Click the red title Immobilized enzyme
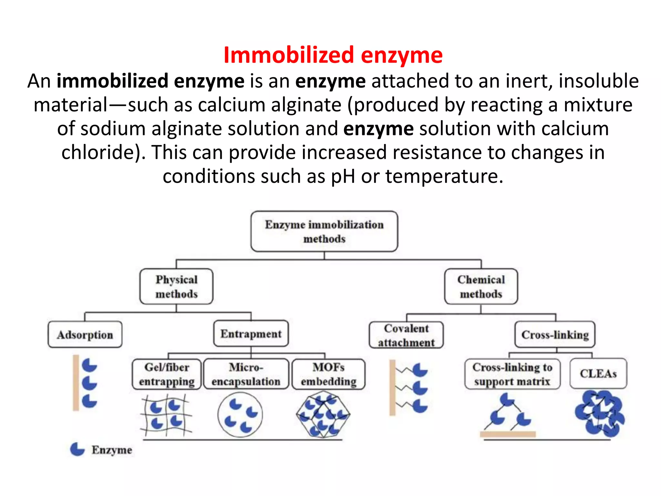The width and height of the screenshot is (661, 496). pos(333,55)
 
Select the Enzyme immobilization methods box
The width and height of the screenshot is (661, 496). pos(324,232)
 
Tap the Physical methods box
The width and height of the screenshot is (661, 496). pos(176,287)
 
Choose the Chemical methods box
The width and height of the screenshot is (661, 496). pos(481,287)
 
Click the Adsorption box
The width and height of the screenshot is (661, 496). pos(85,335)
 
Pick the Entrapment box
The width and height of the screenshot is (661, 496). pos(251,334)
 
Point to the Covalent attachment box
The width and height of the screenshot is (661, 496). pos(406,335)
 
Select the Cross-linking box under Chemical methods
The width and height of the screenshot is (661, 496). pos(555,335)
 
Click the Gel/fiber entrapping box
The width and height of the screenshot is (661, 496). pos(167,374)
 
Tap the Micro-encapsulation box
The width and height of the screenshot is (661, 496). pos(246,374)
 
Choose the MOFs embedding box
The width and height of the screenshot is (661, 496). pos(329,374)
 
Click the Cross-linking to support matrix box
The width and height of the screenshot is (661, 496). pos(512,374)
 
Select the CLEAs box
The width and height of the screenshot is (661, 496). pos(598,374)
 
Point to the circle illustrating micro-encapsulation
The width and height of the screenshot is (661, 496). pos(240,415)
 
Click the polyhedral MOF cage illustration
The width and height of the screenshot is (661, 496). pos(323,414)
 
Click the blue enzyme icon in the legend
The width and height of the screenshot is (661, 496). pos(77,449)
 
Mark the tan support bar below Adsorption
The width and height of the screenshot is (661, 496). pos(76,383)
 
